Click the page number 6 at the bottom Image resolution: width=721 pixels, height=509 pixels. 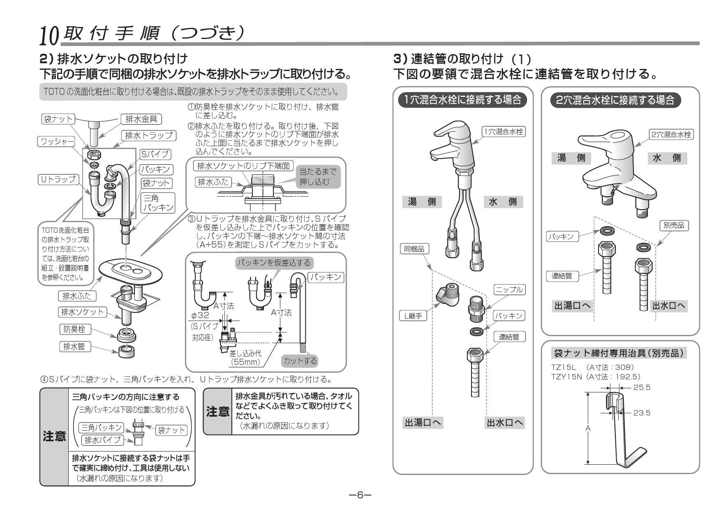360,495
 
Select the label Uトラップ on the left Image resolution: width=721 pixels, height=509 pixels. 58,179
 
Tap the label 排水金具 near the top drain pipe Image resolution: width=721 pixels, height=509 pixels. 141,119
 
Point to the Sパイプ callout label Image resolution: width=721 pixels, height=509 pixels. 155,154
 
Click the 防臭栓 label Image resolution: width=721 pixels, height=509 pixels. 74,329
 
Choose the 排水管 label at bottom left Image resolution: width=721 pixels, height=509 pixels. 74,346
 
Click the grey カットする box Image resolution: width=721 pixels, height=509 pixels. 300,361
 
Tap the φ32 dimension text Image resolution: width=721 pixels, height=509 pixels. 200,315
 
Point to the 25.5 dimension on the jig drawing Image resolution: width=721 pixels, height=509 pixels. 642,387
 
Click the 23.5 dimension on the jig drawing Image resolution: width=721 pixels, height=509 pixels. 642,413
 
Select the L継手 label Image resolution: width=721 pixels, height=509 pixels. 413,316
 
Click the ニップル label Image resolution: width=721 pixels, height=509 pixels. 509,289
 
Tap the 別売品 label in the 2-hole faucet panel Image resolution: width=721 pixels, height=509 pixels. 674,225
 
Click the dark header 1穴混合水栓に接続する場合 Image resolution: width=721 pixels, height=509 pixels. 462,99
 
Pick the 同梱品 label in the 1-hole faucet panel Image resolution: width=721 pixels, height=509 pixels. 414,249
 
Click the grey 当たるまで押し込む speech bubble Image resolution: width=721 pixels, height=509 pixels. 317,177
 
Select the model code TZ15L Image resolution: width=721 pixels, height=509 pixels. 564,367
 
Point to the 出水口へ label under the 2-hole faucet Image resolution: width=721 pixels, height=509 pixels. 669,306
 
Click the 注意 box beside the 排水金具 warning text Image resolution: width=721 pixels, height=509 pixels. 218,411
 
